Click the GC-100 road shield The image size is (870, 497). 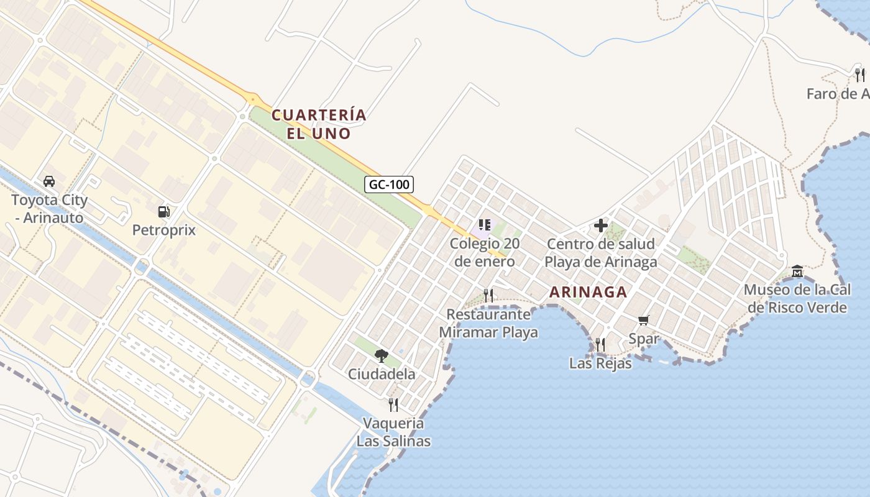tap(388, 184)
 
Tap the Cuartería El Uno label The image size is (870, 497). tap(319, 124)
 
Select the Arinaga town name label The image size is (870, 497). tap(588, 292)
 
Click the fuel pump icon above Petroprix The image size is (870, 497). tap(164, 212)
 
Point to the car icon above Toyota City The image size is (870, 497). tap(49, 181)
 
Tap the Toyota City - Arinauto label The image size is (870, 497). tap(50, 209)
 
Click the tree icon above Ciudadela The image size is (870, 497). tap(382, 355)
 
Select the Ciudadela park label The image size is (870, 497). tap(382, 374)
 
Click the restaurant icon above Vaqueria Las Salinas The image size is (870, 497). tap(393, 404)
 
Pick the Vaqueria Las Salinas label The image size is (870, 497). tap(393, 432)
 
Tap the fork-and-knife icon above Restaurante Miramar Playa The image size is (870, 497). tap(488, 295)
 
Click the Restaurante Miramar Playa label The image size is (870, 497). tap(488, 323)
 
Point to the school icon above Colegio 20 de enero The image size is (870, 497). tap(485, 225)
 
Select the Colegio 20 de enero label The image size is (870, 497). tap(485, 252)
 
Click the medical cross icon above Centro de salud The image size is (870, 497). tap(601, 226)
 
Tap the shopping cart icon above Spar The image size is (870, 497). tap(643, 321)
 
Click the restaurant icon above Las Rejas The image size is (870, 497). tap(600, 344)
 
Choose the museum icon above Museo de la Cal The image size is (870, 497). tap(797, 271)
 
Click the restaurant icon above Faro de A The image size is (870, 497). tap(860, 75)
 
